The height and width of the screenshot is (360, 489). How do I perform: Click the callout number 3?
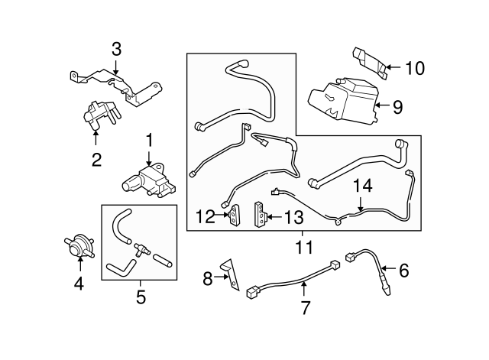pyautogui.click(x=116, y=50)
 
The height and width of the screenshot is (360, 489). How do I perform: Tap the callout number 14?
pyautogui.click(x=363, y=186)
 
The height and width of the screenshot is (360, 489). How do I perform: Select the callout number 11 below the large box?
pyautogui.click(x=304, y=248)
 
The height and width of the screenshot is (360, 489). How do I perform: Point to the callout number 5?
pyautogui.click(x=141, y=297)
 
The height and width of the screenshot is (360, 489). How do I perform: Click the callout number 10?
pyautogui.click(x=415, y=68)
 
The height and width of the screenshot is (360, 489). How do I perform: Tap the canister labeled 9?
pyautogui.click(x=344, y=99)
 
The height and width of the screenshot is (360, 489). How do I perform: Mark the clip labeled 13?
pyautogui.click(x=260, y=214)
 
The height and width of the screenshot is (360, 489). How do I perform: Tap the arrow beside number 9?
pyautogui.click(x=382, y=105)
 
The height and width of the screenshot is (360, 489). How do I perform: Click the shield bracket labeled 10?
pyautogui.click(x=371, y=63)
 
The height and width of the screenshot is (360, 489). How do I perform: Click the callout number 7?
pyautogui.click(x=305, y=307)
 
